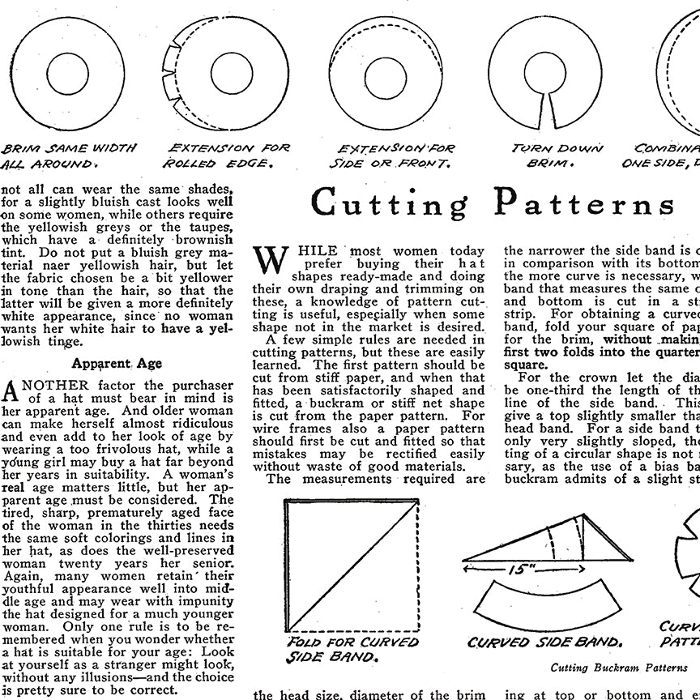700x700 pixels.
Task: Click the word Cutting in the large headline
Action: [390, 203]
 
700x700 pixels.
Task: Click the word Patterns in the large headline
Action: [583, 203]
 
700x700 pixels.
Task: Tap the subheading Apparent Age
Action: [116, 364]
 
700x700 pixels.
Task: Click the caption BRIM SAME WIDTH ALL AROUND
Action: [69, 156]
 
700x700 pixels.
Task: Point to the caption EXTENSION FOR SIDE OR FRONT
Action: [396, 156]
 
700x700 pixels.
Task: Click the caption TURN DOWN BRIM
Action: [557, 156]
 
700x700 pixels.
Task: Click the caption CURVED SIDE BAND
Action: [544, 642]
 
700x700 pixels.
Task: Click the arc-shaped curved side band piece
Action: [544, 603]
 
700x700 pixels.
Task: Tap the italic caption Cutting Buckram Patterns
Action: [619, 668]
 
